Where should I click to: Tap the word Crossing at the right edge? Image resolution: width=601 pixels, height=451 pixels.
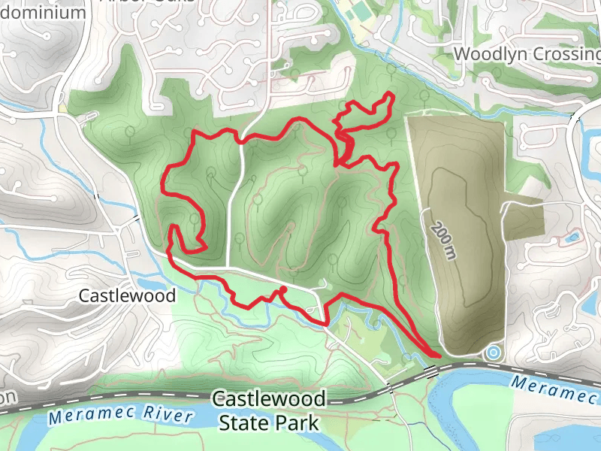point(565,55)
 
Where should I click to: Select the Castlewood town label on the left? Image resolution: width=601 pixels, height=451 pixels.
point(127,296)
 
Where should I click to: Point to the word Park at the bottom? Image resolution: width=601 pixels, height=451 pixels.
point(298,423)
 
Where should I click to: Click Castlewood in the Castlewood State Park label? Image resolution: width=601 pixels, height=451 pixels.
point(268,398)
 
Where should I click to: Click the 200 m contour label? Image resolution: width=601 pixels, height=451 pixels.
point(444,235)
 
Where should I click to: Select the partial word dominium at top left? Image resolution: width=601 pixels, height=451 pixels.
point(42,12)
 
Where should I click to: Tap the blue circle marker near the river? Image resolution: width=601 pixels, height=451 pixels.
point(493,351)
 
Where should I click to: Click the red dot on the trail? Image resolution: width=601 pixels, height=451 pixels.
point(283,289)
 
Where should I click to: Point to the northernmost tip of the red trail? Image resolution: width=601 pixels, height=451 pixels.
point(391,94)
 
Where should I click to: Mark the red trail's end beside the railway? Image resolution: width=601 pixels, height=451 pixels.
point(439,355)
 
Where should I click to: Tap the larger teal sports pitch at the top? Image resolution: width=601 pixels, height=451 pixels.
point(360,14)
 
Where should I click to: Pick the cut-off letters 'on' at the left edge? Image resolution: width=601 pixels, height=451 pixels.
point(8,397)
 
